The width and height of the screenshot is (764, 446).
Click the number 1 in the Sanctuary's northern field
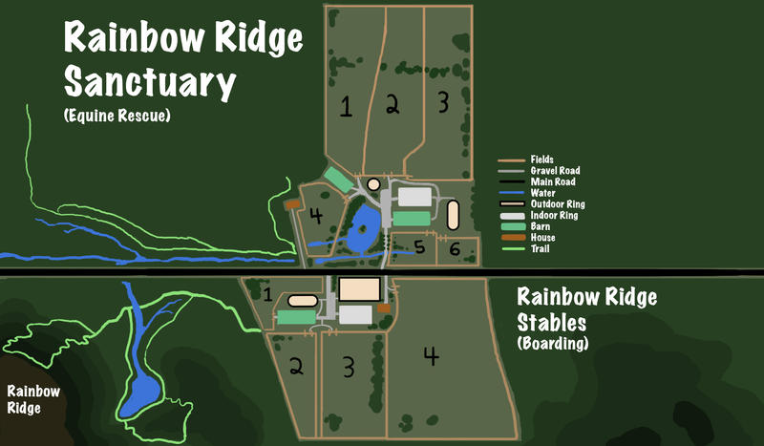pyautogui.click(x=345, y=105)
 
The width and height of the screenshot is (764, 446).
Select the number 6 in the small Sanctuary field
pyautogui.click(x=456, y=250)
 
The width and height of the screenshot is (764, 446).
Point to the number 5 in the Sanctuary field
pyautogui.click(x=419, y=248)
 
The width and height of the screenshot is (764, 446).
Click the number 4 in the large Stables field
pyautogui.click(x=432, y=356)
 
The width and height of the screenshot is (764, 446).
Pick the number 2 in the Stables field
pyautogui.click(x=297, y=366)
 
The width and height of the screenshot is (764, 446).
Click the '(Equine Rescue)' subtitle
pyautogui.click(x=118, y=116)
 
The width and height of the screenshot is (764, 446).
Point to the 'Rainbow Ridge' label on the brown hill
pyautogui.click(x=33, y=400)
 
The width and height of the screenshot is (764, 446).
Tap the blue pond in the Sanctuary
pyautogui.click(x=364, y=230)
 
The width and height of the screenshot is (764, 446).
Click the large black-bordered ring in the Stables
pyautogui.click(x=359, y=289)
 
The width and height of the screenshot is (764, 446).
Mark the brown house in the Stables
pyautogui.click(x=384, y=308)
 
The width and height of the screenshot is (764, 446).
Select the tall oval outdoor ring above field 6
pyautogui.click(x=453, y=215)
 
